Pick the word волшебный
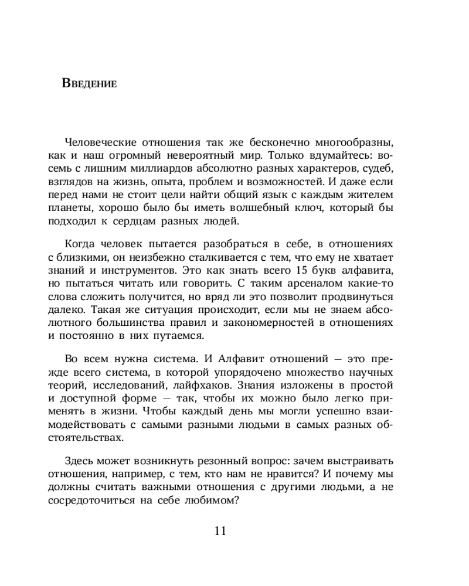pos(259,209)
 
